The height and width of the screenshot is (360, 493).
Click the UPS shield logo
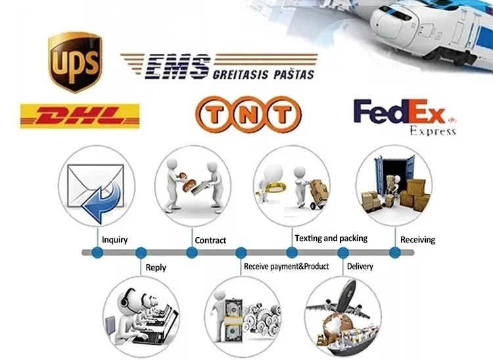pyautogui.click(x=75, y=62)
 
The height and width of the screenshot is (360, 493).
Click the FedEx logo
pyautogui.click(x=400, y=112)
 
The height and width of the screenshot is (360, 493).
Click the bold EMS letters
pyautogui.click(x=176, y=66)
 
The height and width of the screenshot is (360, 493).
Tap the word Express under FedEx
pyautogui.click(x=432, y=131)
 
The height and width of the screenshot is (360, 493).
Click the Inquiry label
pyautogui.click(x=114, y=240)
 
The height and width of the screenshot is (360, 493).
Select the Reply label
pyautogui.click(x=155, y=267)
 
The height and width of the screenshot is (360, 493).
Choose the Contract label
pyautogui.click(x=210, y=240)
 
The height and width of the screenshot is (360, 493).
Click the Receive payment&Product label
pyautogui.click(x=286, y=267)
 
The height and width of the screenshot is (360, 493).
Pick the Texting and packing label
pyautogui.click(x=331, y=238)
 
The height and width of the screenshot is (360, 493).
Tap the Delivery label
pyautogui.click(x=360, y=267)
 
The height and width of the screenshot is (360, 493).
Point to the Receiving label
pyautogui.click(x=417, y=240)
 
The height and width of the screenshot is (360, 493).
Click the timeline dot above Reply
pyautogui.click(x=141, y=252)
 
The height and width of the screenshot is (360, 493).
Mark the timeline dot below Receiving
pyautogui.click(x=394, y=252)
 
